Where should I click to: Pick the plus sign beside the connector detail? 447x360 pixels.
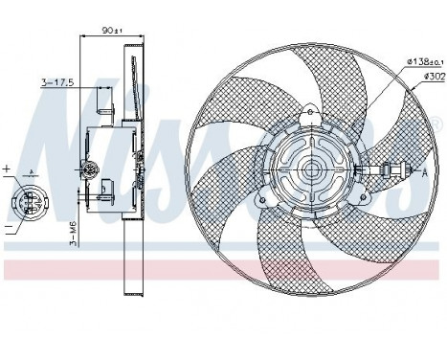7,169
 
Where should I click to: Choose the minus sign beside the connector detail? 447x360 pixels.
7,229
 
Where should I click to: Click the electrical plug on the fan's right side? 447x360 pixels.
390,172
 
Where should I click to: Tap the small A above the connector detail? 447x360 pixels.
34,172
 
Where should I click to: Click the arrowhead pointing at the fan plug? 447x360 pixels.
409,172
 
